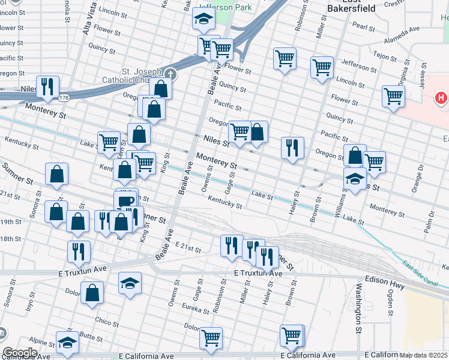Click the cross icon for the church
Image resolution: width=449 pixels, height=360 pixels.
[x=170, y=74]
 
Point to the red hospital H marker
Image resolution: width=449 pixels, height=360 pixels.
[x=441, y=97]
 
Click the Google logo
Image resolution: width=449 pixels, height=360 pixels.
[x=20, y=352]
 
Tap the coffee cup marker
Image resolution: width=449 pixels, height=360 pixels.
[x=125, y=201]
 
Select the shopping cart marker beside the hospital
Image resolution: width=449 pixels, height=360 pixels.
[x=393, y=96]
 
